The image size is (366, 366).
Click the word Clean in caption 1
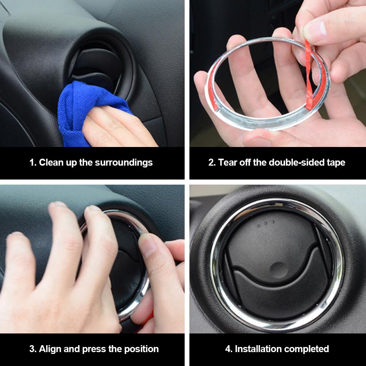point(51,163)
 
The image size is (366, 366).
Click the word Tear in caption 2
point(227,163)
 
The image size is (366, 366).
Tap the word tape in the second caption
point(336,163)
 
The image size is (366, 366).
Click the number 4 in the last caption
point(228,349)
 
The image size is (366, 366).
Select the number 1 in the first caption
point(32,163)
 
